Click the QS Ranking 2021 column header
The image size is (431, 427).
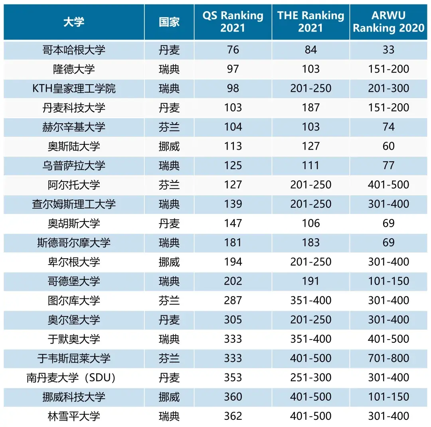[x=233, y=22]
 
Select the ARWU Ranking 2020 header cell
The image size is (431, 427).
[x=388, y=22]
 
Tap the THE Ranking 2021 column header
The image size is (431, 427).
[x=310, y=22]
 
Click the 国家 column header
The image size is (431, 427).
[x=169, y=22]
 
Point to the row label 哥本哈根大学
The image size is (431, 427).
[x=74, y=50]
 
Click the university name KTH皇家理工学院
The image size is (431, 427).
[x=74, y=88]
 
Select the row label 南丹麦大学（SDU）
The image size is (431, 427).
[x=74, y=378]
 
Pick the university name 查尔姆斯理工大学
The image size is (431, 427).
[x=74, y=204]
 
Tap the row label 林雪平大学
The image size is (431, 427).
[x=74, y=416]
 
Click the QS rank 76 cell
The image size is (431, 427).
[x=233, y=50]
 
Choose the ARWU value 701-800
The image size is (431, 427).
[x=388, y=358]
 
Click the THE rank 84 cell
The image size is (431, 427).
[x=310, y=50]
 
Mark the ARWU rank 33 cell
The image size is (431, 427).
[x=388, y=50]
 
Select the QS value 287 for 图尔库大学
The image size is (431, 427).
[x=233, y=300]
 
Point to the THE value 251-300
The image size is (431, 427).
[x=310, y=378]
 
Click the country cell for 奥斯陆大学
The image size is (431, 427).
[x=169, y=146]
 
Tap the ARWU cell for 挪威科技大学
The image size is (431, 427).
[x=388, y=397]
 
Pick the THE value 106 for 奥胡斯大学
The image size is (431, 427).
[x=310, y=223]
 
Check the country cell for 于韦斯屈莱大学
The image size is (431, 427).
[x=169, y=358]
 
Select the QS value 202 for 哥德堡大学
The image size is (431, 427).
[x=233, y=281]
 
